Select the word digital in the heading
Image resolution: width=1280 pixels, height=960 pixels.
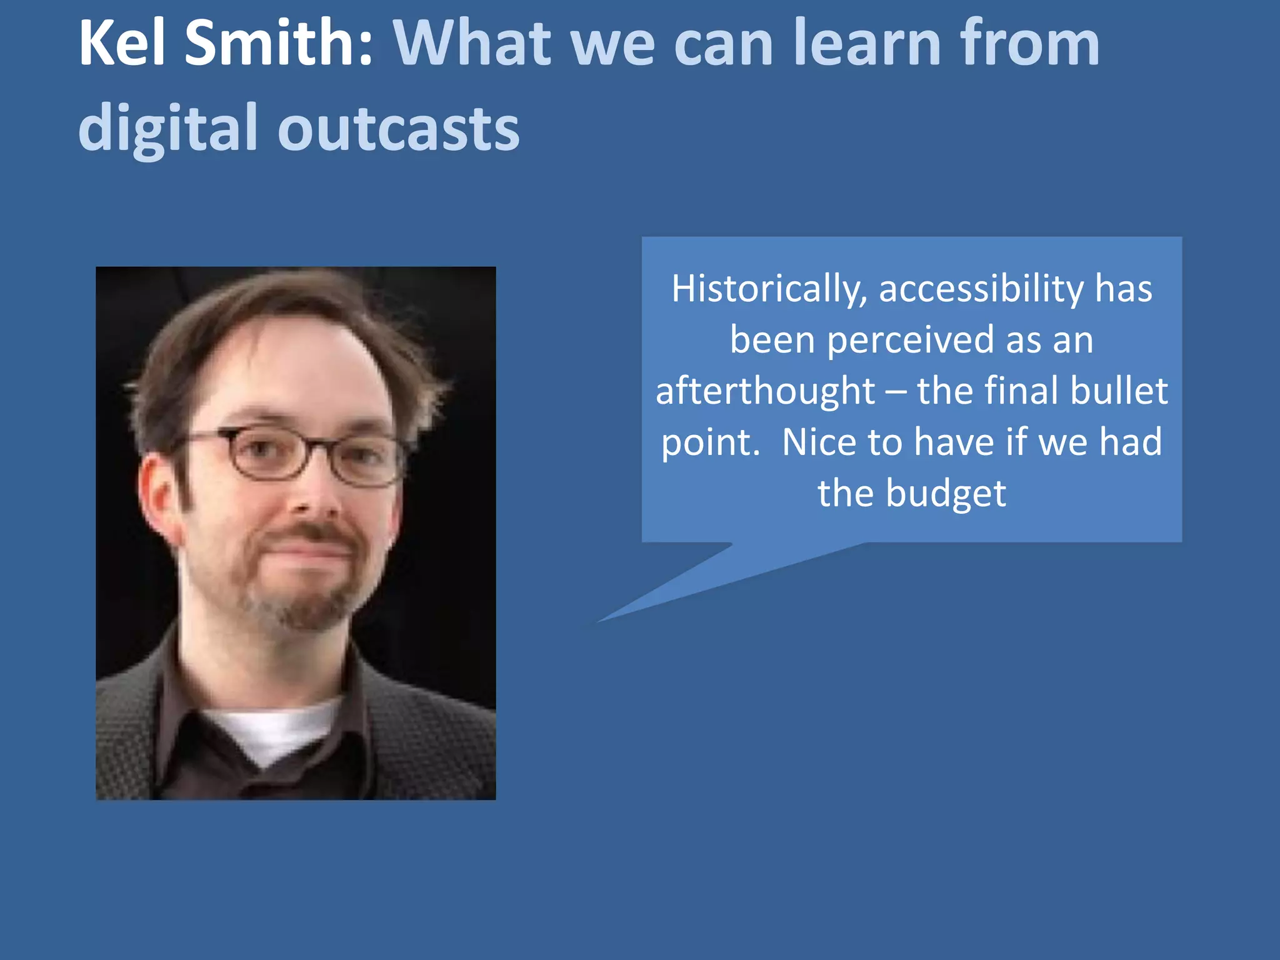(x=167, y=128)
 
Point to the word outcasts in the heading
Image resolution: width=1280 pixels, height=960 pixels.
(x=398, y=128)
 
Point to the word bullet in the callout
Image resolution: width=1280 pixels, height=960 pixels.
(x=1119, y=391)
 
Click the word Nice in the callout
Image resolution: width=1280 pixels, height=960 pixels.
(x=819, y=442)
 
